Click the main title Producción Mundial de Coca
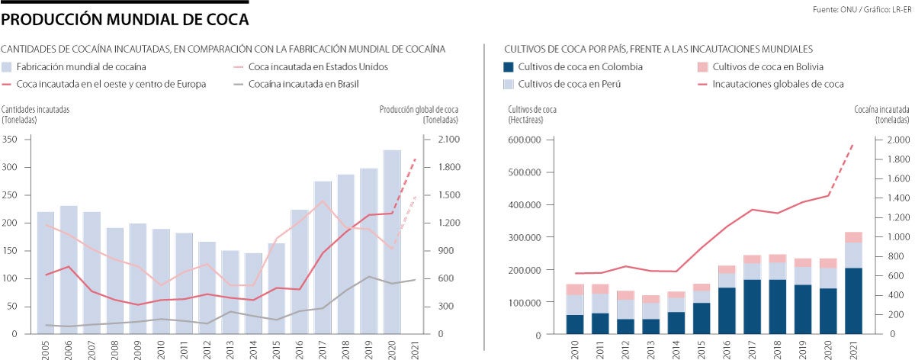(126, 18)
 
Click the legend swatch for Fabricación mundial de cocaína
(8, 66)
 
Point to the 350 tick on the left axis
(10, 140)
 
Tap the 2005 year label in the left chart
(45, 348)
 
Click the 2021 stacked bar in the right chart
(852, 283)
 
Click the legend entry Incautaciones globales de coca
(778, 84)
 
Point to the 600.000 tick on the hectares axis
(534, 140)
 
